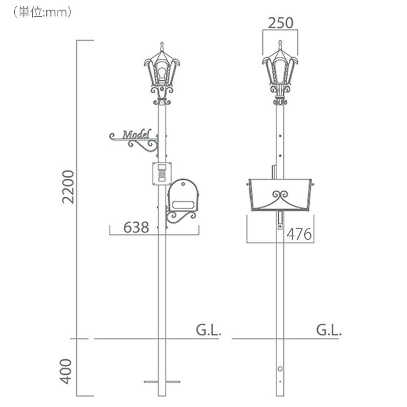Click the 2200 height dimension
(x=68, y=187)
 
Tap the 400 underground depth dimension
(x=66, y=371)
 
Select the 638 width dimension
(x=136, y=227)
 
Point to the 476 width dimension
(x=299, y=234)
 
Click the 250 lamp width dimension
(x=280, y=23)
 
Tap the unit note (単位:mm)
(x=41, y=12)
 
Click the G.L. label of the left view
(x=209, y=330)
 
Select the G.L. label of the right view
(x=328, y=330)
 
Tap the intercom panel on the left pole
(x=162, y=174)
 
